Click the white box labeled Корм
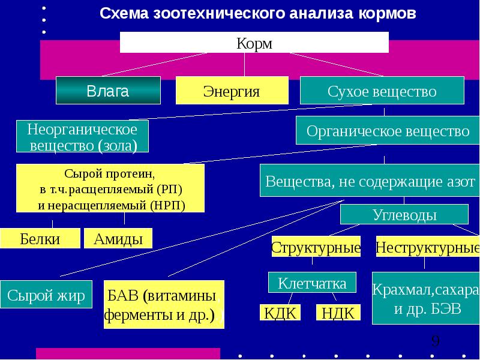click(x=254, y=43)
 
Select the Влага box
click(x=108, y=91)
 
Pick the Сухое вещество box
click(x=382, y=92)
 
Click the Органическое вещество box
click(x=388, y=130)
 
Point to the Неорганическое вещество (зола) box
click(x=83, y=137)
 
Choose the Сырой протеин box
click(x=110, y=188)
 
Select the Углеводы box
click(x=404, y=215)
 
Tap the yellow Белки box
click(x=40, y=239)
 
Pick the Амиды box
click(x=118, y=239)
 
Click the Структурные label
click(x=316, y=247)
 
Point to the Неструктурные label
click(x=428, y=247)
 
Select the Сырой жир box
click(x=46, y=296)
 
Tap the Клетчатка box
click(x=311, y=283)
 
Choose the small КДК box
click(x=278, y=313)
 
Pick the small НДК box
click(x=338, y=313)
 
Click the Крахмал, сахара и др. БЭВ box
click(x=425, y=299)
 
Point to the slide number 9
click(x=436, y=342)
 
